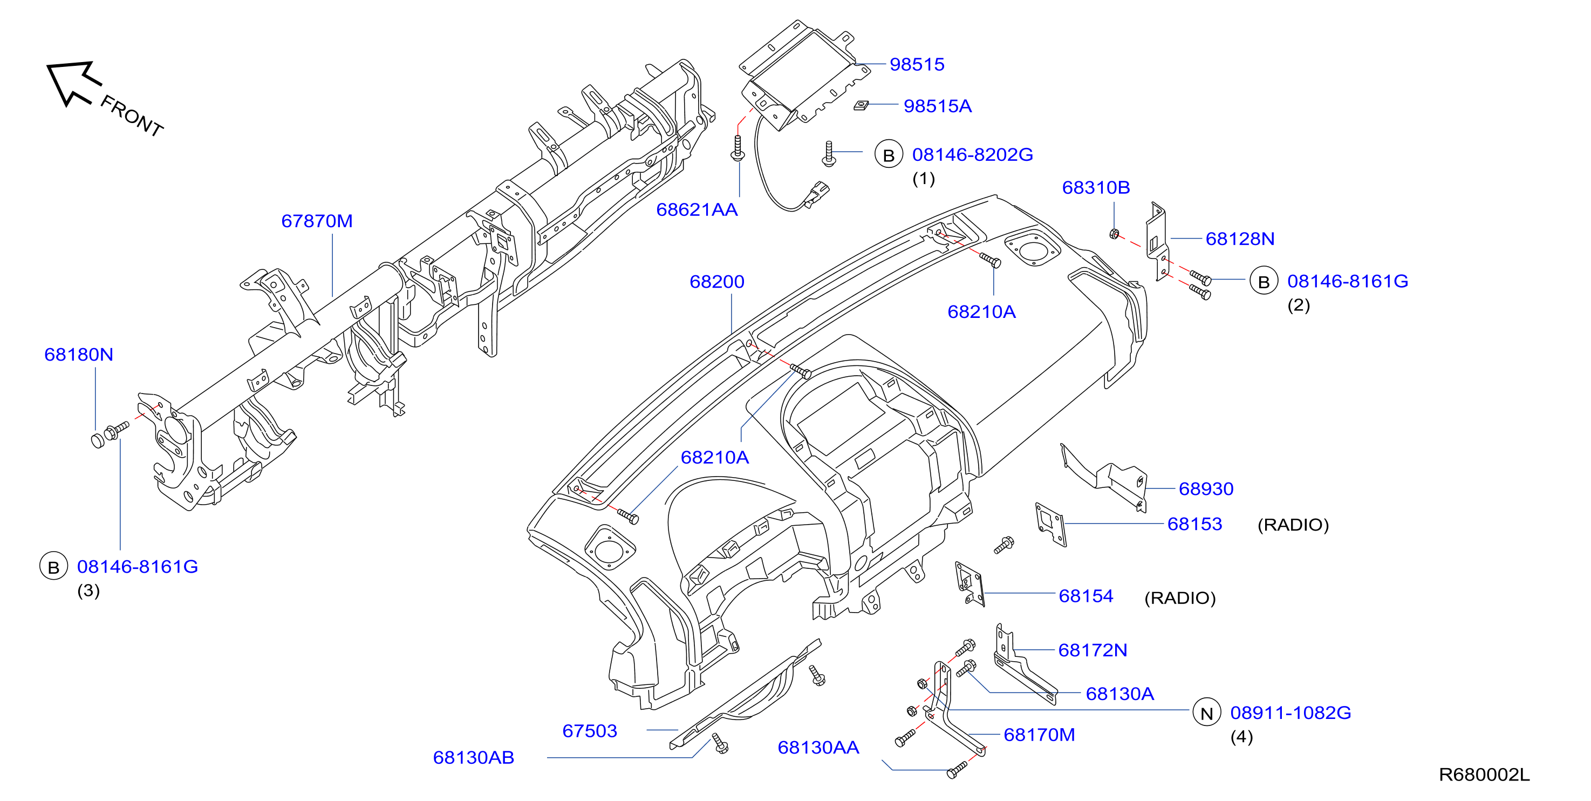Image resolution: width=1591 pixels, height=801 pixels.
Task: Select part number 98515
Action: coord(917,64)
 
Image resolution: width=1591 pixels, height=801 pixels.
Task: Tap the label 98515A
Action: coord(937,106)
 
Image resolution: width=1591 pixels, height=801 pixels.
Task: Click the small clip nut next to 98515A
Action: coord(861,105)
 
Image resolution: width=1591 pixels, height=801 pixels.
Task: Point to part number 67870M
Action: coord(317,221)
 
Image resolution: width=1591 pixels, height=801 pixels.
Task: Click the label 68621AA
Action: coord(697,209)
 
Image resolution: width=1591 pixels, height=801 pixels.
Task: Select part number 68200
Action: coord(716,281)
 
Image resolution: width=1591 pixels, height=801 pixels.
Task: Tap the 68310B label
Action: coord(1096,187)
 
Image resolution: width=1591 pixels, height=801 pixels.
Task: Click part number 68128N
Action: coord(1240,239)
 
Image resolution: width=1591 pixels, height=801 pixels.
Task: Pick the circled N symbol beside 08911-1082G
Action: coord(1206,712)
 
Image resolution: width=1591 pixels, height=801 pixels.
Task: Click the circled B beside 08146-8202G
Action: coord(889,154)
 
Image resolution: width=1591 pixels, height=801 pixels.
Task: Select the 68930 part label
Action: coord(1206,489)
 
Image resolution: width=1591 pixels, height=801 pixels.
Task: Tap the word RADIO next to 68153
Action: coord(1293,525)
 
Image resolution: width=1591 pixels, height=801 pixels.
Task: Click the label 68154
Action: coord(1086,596)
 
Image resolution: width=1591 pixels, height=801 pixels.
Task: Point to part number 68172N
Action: coord(1092,650)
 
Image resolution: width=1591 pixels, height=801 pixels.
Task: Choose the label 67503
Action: coord(589,731)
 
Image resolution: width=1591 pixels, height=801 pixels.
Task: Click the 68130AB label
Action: coord(473,758)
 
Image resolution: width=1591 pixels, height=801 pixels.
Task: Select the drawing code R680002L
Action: coord(1484,775)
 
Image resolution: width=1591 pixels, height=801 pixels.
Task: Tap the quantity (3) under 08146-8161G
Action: coord(88,591)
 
